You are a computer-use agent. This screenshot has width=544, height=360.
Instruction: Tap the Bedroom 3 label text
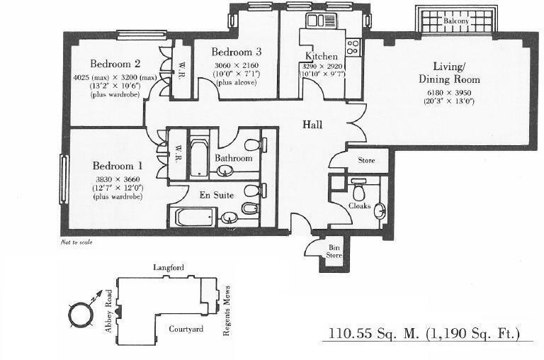(237, 52)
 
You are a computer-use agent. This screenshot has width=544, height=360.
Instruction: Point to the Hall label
(312, 125)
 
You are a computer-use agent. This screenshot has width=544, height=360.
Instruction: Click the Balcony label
(457, 21)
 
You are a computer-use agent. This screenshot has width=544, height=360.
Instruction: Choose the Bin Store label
(334, 250)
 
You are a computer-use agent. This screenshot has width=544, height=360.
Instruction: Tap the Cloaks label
(360, 206)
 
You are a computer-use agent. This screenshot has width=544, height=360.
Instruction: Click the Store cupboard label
(365, 161)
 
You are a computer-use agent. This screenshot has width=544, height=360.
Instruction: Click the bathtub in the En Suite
(193, 216)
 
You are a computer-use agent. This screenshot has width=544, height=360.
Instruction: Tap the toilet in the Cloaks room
(358, 191)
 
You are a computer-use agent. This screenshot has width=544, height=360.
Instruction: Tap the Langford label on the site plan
(169, 267)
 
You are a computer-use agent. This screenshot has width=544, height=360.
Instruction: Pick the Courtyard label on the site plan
(186, 330)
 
